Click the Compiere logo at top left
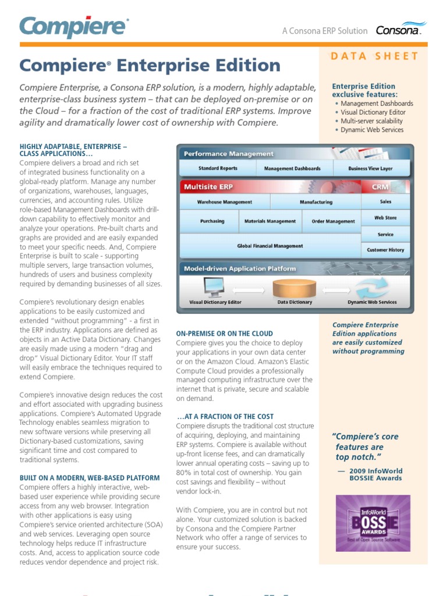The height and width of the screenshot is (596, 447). click(73, 27)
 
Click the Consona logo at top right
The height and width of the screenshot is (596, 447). click(400, 30)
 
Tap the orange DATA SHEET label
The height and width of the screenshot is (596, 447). click(374, 56)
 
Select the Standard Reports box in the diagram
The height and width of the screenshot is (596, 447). click(217, 169)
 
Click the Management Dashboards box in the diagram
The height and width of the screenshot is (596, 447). click(292, 169)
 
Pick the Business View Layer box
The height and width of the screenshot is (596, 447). click(370, 169)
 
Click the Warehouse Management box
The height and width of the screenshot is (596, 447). click(224, 202)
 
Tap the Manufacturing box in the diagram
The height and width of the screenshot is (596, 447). click(316, 202)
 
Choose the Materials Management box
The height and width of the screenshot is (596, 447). click(269, 221)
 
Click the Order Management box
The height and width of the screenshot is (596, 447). click(333, 221)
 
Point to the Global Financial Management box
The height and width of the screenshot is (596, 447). click(269, 246)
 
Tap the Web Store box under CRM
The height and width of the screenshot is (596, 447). click(385, 218)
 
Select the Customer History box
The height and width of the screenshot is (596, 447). click(385, 250)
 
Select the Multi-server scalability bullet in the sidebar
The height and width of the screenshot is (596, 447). click(371, 121)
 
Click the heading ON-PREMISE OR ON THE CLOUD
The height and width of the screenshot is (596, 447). click(224, 334)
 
